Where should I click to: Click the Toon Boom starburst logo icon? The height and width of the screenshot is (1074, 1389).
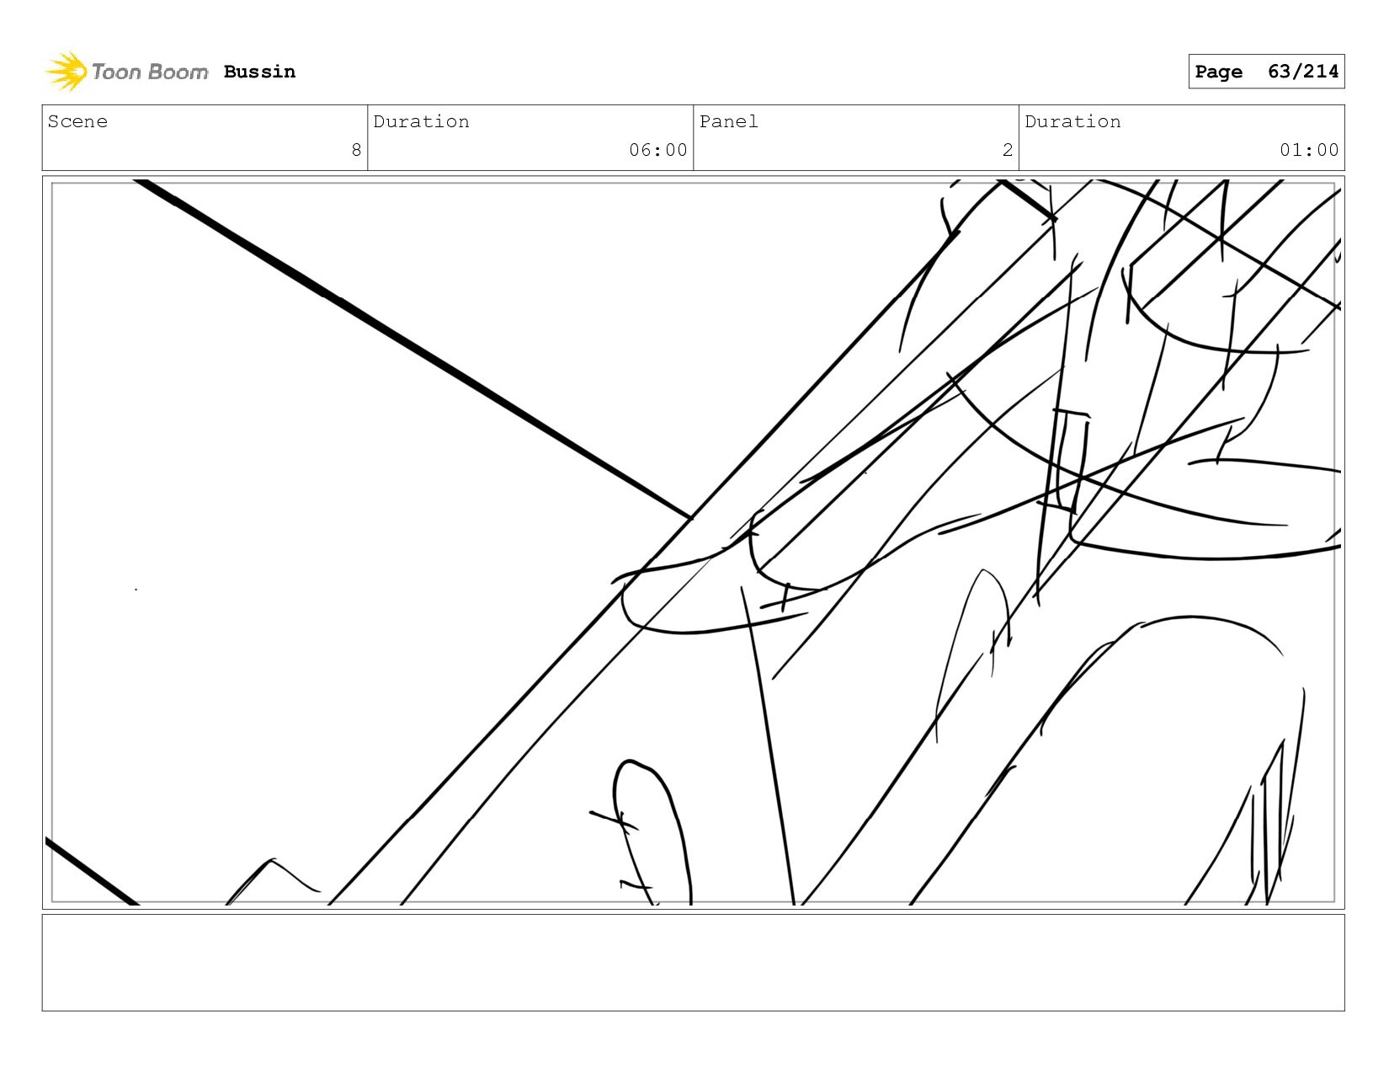pyautogui.click(x=67, y=72)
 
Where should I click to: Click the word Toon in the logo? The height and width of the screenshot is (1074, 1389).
pyautogui.click(x=116, y=72)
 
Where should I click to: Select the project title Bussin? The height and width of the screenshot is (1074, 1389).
pyautogui.click(x=259, y=72)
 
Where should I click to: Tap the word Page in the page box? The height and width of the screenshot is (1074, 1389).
pyautogui.click(x=1218, y=72)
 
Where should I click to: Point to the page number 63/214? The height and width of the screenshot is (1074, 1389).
pyautogui.click(x=1302, y=72)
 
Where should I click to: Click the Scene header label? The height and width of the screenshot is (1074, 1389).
pyautogui.click(x=77, y=121)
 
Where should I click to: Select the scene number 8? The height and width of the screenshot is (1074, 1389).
pyautogui.click(x=356, y=150)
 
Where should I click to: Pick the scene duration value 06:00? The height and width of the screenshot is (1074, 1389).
pyautogui.click(x=657, y=150)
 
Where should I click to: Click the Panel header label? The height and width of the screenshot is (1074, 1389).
pyautogui.click(x=728, y=121)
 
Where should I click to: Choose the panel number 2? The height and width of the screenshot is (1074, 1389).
pyautogui.click(x=1007, y=150)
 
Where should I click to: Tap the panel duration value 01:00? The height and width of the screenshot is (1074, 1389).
pyautogui.click(x=1308, y=150)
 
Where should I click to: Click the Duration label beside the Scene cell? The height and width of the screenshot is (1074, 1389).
pyautogui.click(x=421, y=121)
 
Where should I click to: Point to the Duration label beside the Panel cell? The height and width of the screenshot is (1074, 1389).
pyautogui.click(x=1072, y=121)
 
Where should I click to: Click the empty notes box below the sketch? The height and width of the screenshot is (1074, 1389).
pyautogui.click(x=693, y=962)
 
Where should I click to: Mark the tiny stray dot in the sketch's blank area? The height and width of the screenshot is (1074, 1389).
pyautogui.click(x=136, y=590)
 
